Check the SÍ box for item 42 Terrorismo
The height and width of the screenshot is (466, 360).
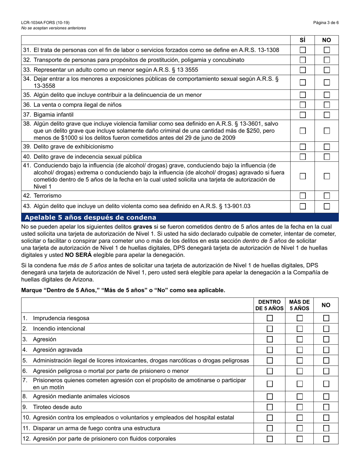[x=302, y=195]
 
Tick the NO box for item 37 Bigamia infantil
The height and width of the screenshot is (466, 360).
[x=327, y=114]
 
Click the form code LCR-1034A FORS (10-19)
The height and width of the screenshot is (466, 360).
[x=45, y=23]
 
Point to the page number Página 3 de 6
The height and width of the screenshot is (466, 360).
[x=326, y=23]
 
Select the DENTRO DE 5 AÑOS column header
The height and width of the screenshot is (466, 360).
[x=269, y=305]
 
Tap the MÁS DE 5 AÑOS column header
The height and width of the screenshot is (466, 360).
[x=299, y=305]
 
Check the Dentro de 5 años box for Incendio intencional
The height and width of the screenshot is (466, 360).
[x=270, y=328]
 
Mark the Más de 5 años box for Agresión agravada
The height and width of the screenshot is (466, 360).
[x=300, y=350]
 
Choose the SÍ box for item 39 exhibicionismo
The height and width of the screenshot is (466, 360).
[x=302, y=147]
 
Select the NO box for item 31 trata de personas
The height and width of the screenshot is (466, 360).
[x=327, y=50]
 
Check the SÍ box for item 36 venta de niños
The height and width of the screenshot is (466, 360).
[x=302, y=105]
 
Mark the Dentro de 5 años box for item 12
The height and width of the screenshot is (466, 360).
[x=270, y=439]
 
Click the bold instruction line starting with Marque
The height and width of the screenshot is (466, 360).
[x=123, y=290]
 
